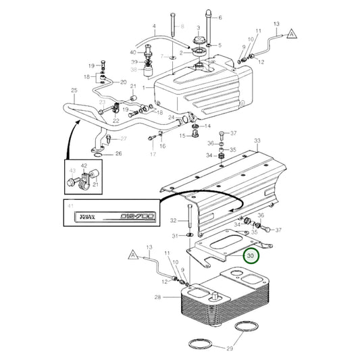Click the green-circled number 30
252,256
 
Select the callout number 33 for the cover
256,140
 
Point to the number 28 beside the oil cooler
157,297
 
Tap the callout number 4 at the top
154,28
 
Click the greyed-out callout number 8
181,26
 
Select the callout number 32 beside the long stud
173,221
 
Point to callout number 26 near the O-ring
119,153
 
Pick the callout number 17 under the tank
152,154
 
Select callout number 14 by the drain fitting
207,126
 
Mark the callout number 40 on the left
132,52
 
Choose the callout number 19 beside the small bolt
91,66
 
